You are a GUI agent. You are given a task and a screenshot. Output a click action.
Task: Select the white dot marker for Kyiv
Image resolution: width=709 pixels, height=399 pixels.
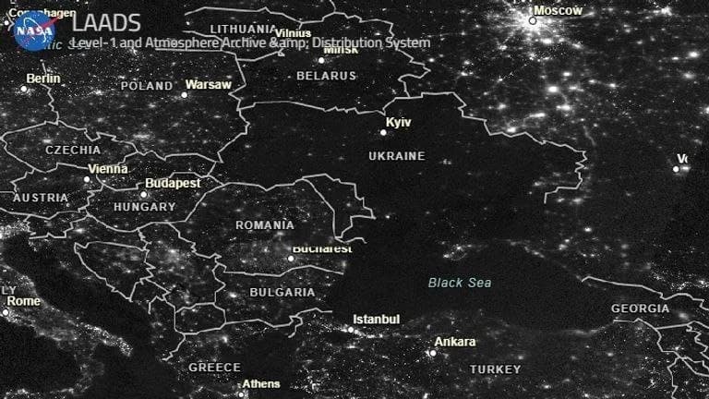[384, 132]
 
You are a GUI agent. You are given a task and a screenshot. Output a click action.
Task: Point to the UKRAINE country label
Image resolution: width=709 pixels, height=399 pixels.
[396, 156]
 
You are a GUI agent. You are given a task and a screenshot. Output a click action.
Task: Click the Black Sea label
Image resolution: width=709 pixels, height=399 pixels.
[460, 283]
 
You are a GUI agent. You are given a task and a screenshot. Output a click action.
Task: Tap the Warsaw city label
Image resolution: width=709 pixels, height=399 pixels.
[208, 85]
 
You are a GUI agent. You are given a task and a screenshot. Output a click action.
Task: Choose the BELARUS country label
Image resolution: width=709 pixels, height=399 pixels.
[326, 75]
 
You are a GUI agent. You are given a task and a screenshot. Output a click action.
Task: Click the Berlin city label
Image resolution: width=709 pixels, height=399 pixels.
[42, 79]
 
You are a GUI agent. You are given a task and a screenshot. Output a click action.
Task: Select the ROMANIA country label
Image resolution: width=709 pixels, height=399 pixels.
[265, 225]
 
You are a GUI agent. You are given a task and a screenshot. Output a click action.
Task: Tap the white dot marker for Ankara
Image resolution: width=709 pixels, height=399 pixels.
[431, 352]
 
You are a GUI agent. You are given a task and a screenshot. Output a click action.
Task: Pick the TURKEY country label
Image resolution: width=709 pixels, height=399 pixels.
[495, 369]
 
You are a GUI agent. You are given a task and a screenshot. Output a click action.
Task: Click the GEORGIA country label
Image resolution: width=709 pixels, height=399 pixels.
[640, 308]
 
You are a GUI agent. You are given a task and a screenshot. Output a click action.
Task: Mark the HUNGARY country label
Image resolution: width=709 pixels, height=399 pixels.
[143, 208]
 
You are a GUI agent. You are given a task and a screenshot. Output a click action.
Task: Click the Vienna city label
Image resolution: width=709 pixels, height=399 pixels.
[107, 169]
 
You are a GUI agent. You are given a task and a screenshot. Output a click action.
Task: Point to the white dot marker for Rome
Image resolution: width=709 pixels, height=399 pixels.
[5, 312]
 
